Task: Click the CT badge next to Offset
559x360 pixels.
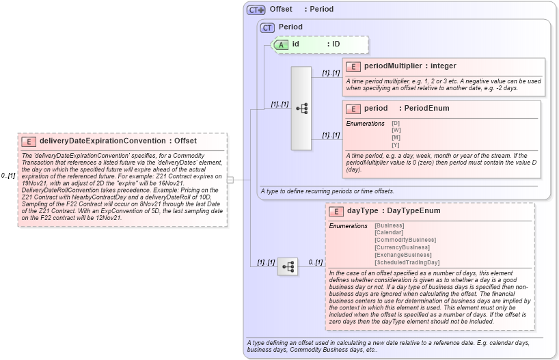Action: [x=256, y=10]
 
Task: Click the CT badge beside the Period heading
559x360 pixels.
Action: [x=267, y=27]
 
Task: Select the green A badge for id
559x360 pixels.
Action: [x=281, y=44]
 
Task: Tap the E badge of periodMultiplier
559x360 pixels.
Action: [x=353, y=66]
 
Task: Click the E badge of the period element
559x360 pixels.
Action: [x=353, y=109]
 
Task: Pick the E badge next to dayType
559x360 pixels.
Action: [x=336, y=211]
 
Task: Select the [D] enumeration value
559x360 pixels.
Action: [x=396, y=123]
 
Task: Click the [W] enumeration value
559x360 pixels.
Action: [x=396, y=130]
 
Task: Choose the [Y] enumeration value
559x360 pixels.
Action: [x=396, y=144]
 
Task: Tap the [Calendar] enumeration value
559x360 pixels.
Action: [x=390, y=232]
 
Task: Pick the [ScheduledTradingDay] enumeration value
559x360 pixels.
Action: [x=407, y=262]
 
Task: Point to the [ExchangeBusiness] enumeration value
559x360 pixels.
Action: [x=403, y=255]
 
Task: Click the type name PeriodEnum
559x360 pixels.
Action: [x=427, y=109]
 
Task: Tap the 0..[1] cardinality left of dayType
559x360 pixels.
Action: [x=315, y=262]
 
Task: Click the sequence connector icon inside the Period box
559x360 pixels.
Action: [x=301, y=109]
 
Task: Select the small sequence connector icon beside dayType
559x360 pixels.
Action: [x=287, y=266]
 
